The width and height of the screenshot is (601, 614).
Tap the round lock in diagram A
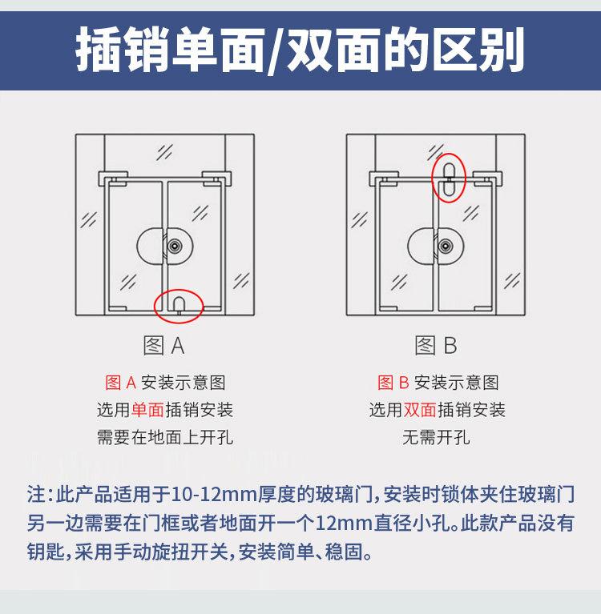(165, 246)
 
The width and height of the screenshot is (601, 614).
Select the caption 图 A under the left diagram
(164, 346)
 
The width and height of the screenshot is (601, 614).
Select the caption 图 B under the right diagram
(436, 346)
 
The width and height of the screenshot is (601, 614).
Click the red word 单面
(147, 410)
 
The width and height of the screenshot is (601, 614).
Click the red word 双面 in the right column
(420, 410)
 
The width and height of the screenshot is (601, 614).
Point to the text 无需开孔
(436, 437)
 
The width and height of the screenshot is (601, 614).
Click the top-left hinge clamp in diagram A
(112, 176)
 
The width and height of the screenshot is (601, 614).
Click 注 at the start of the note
(36, 492)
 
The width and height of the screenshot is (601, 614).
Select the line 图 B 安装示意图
(437, 383)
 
